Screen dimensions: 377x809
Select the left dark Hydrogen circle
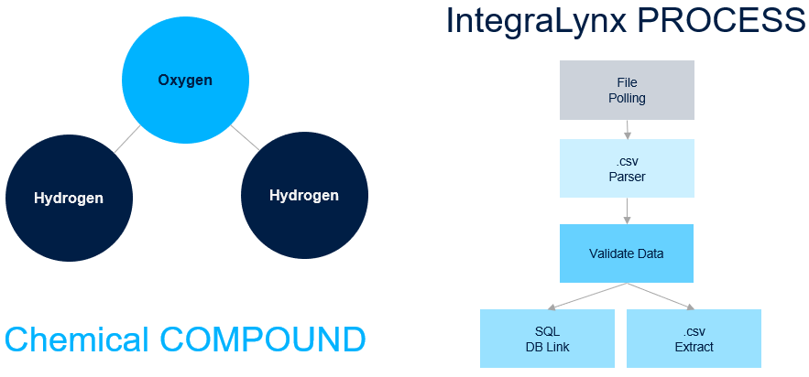click(x=69, y=198)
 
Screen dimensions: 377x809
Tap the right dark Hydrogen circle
click(x=304, y=195)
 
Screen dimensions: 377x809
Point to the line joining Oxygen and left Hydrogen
click(x=127, y=138)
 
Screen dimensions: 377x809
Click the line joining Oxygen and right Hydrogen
click(x=243, y=137)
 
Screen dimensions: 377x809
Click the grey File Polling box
click(x=627, y=91)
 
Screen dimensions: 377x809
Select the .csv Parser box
click(x=627, y=169)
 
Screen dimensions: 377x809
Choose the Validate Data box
click(x=627, y=253)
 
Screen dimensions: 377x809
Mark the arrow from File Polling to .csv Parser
click(x=627, y=130)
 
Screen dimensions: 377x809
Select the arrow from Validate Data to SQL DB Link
click(x=587, y=296)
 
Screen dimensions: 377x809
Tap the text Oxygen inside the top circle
click(x=185, y=81)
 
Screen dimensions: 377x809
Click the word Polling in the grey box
click(x=627, y=98)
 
